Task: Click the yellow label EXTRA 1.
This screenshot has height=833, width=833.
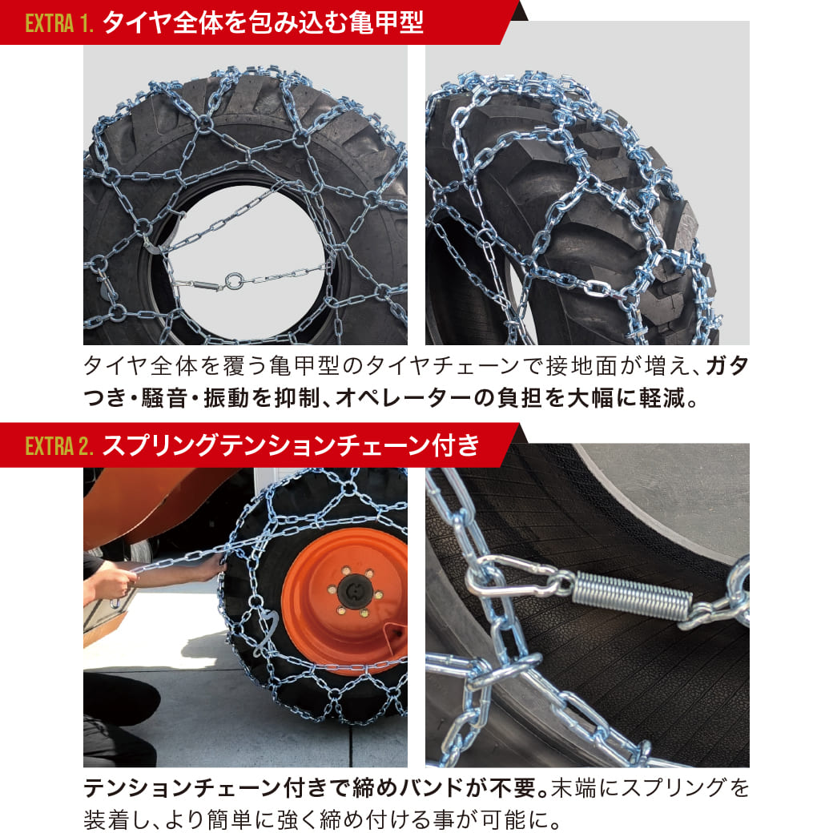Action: click(61, 23)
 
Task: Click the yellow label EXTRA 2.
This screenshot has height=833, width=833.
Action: click(61, 445)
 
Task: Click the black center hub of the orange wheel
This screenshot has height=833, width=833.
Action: click(352, 591)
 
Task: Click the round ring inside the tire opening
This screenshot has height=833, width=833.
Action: click(233, 281)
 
